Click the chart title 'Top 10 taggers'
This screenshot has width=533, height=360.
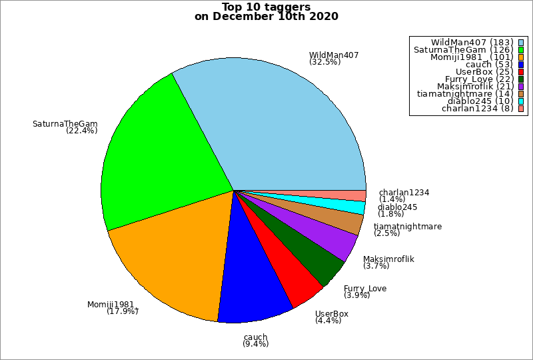click(x=266, y=7)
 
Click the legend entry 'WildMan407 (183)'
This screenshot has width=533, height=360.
click(x=471, y=43)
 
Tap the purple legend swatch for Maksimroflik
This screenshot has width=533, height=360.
click(x=520, y=86)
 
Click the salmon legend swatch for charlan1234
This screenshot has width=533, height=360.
click(x=520, y=109)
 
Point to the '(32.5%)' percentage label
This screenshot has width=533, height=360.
click(x=325, y=62)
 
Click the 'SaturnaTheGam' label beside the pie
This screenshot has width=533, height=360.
click(x=65, y=123)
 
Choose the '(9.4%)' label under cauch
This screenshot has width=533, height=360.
click(x=256, y=345)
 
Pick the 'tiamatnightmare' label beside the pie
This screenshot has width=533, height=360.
click(x=408, y=227)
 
